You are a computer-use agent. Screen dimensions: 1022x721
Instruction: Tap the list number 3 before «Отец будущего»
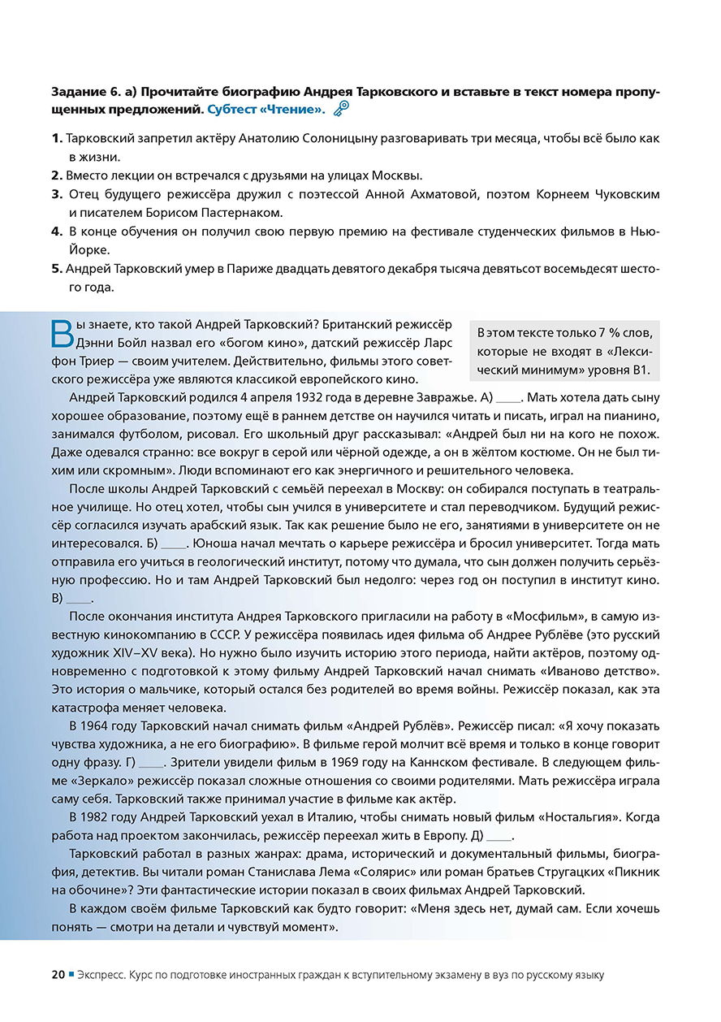(57, 194)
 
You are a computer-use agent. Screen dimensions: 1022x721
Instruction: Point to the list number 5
(57, 269)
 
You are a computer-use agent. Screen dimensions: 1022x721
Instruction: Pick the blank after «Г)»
(151, 764)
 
